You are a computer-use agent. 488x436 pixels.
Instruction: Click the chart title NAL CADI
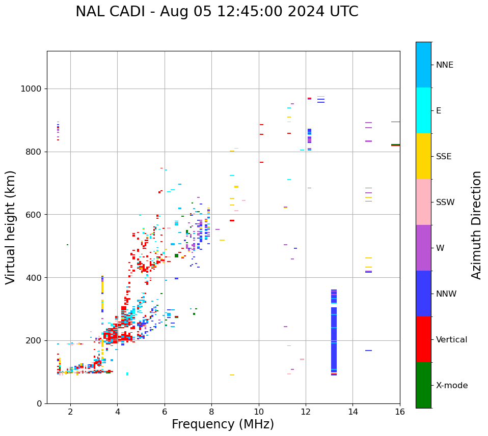click(x=216, y=12)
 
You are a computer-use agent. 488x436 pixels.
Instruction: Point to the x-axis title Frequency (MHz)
click(x=223, y=424)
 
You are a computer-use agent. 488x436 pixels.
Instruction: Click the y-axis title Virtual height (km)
click(x=11, y=227)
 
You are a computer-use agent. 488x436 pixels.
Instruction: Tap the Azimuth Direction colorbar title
click(x=476, y=224)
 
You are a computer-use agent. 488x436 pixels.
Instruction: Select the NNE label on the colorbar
click(x=444, y=65)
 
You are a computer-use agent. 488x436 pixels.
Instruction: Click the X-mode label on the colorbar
click(x=451, y=386)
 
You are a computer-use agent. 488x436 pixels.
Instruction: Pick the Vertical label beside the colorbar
click(x=451, y=340)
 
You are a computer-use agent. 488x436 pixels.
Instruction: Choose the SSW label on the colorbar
click(x=445, y=202)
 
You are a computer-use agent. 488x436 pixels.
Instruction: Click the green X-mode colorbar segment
click(x=423, y=385)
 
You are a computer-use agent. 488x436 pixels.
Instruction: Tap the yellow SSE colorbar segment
click(x=423, y=156)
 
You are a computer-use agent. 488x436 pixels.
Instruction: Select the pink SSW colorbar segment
click(x=423, y=202)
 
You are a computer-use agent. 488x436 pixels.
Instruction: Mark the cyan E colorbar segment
click(x=423, y=110)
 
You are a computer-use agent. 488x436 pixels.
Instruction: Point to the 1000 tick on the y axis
click(x=32, y=89)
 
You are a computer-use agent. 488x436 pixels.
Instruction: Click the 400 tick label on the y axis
click(x=35, y=278)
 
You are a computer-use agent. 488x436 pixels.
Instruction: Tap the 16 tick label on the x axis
click(x=400, y=412)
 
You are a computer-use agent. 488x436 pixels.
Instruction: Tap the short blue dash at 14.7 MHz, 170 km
click(x=368, y=351)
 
